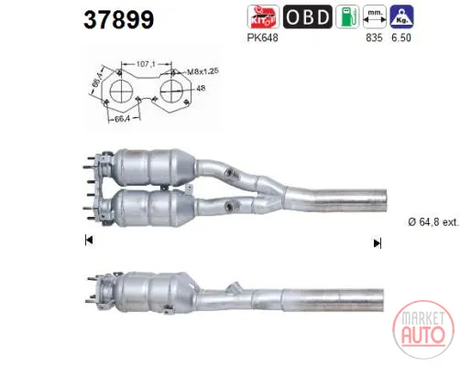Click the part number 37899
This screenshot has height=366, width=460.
119,19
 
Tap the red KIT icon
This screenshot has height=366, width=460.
263,16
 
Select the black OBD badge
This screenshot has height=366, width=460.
307,16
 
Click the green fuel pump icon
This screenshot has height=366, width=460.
347,16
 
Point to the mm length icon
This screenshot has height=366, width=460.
375,16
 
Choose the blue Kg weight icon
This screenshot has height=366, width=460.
401,16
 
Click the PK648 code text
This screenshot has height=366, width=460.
263,38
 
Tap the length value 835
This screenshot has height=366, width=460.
374,38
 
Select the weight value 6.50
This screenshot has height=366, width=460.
401,38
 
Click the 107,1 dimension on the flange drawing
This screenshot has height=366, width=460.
146,64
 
